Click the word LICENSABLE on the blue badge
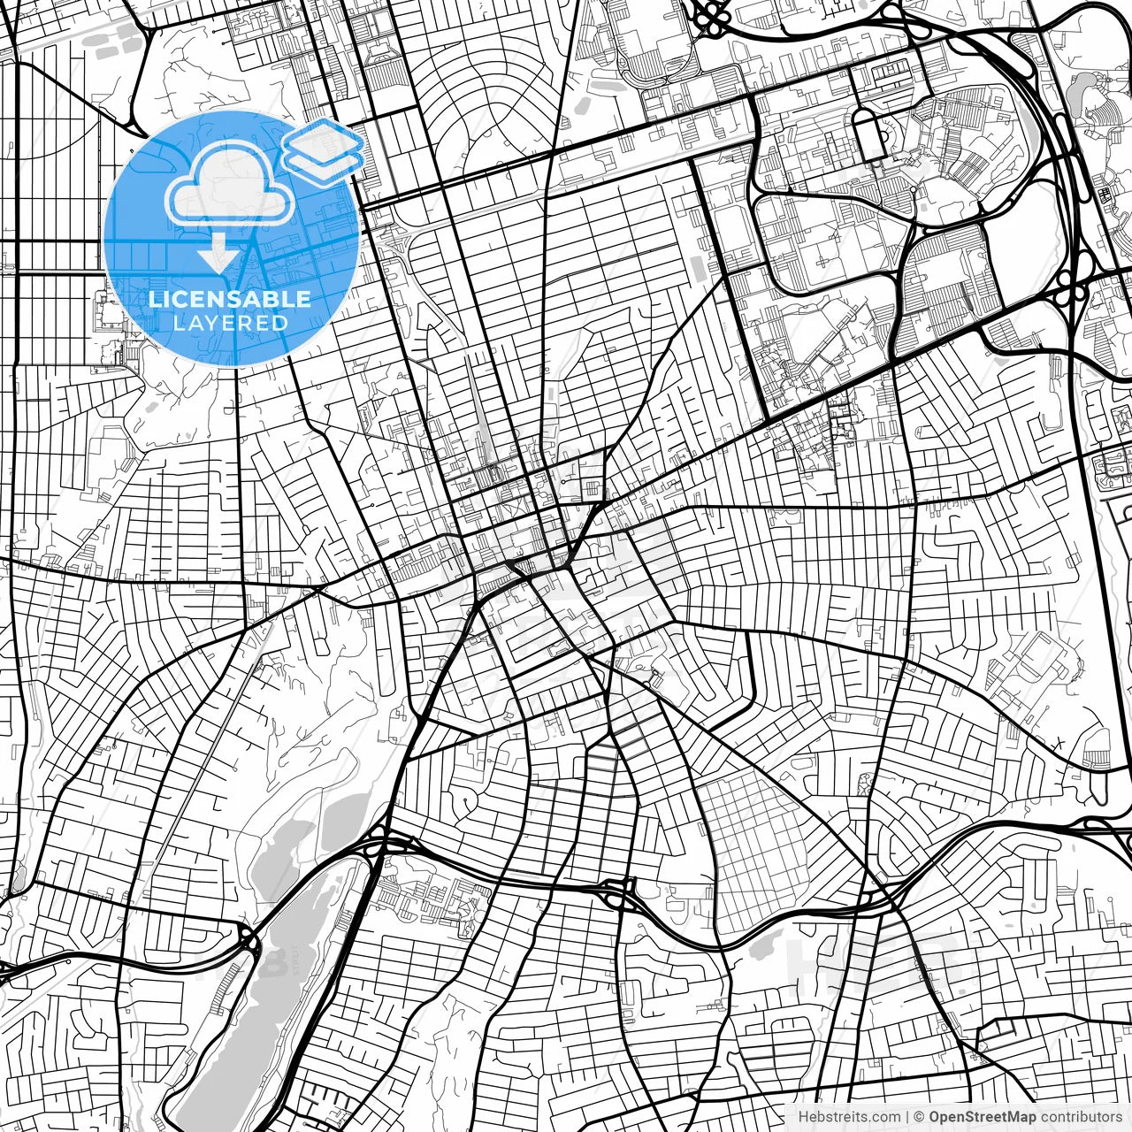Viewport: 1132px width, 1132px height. pos(230,299)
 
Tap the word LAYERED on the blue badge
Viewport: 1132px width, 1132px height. pos(230,323)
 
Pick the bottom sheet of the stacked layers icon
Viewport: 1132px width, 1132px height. pos(324,160)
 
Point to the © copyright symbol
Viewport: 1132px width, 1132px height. pos(920,1117)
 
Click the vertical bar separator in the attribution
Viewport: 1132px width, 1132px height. pos(908,1117)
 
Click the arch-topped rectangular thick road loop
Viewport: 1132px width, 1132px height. pos(869,135)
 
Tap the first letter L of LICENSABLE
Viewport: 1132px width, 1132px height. pos(154,299)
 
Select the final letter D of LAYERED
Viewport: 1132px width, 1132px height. pos(281,323)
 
